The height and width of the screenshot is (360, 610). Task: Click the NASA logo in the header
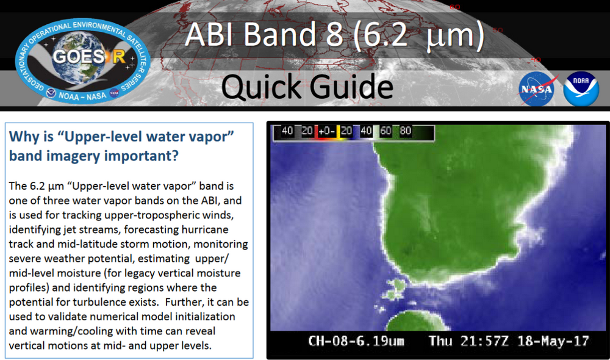pyautogui.click(x=539, y=88)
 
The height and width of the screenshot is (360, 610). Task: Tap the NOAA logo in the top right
pyautogui.click(x=581, y=88)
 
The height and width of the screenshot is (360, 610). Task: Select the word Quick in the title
pyautogui.click(x=266, y=87)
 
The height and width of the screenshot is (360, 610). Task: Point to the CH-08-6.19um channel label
pyautogui.click(x=356, y=340)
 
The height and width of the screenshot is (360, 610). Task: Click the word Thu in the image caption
pyautogui.click(x=440, y=340)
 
